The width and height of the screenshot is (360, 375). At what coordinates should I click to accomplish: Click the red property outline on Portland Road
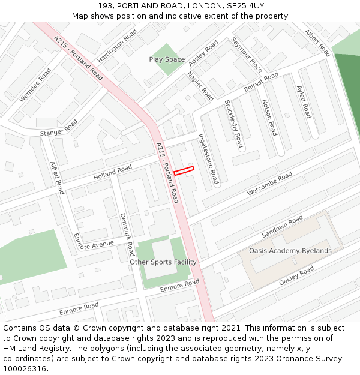184,171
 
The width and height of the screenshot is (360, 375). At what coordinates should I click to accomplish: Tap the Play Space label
167,59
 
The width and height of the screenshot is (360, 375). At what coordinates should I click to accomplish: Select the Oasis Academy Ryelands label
290,251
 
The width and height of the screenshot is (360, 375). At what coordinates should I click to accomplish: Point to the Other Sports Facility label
163,262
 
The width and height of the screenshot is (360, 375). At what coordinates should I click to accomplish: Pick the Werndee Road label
35,85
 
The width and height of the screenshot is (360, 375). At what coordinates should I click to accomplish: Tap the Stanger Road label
59,128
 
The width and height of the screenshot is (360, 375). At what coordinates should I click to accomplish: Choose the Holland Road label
112,173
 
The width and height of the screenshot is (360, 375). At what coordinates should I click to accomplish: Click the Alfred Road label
56,178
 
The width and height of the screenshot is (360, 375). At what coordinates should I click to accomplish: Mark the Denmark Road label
127,235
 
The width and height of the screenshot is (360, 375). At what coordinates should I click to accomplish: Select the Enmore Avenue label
93,245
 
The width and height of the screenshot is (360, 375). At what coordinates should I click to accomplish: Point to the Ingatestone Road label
209,158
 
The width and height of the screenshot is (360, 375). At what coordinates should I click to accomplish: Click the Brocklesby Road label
233,124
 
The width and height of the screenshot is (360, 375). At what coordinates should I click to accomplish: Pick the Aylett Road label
304,101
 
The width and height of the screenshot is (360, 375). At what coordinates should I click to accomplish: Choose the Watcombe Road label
269,184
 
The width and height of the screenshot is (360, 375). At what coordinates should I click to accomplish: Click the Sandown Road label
283,227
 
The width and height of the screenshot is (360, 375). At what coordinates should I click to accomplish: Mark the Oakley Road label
296,275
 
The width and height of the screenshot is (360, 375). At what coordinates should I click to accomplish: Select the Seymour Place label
247,55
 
